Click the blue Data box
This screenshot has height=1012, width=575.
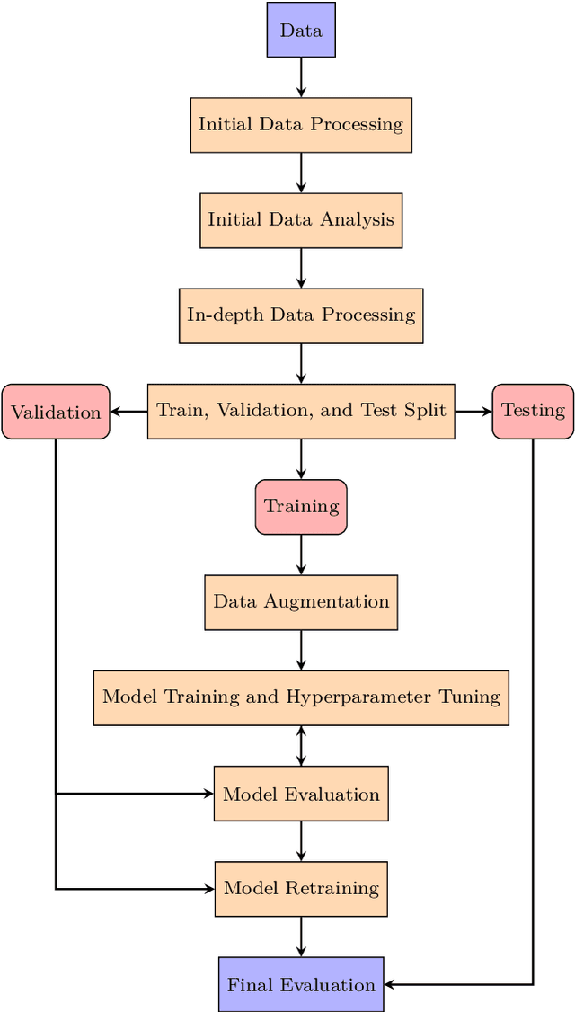coord(301,30)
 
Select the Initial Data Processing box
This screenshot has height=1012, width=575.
coord(301,125)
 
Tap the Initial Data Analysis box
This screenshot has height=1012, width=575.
coord(301,220)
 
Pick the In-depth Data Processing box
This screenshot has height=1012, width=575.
coord(301,315)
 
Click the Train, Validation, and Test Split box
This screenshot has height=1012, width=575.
coord(301,411)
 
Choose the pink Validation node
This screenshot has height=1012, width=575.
coord(56,412)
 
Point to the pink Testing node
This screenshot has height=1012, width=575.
coord(533,411)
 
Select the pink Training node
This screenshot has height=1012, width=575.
coord(301,507)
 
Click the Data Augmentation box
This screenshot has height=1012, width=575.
coord(301,602)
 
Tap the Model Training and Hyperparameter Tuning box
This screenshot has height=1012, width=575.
coord(301,697)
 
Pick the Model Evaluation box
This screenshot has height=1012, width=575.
coord(301,794)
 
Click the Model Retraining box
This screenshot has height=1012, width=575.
coord(301,889)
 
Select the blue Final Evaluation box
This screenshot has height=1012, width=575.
coord(301,984)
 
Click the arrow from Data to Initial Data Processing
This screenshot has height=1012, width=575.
coord(301,77)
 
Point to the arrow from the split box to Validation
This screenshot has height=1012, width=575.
coord(128,412)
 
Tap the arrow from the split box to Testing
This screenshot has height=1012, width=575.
coord(473,412)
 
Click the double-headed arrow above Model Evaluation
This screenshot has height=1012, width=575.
coord(301,746)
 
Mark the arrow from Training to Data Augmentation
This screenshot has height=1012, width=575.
coord(301,555)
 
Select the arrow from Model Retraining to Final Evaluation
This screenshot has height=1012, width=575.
coord(301,937)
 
